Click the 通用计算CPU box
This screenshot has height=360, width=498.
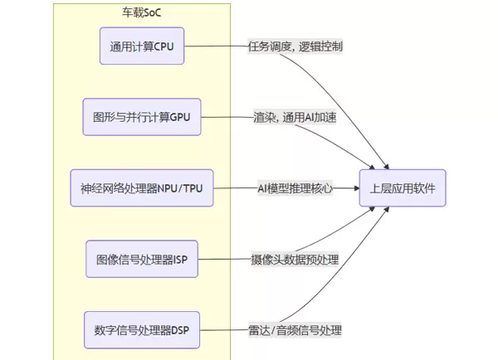pyautogui.click(x=142, y=46)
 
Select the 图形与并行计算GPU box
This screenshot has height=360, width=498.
pyautogui.click(x=142, y=117)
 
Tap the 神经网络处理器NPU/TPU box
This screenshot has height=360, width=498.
pyautogui.click(x=142, y=188)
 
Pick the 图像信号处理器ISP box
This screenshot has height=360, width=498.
pyautogui.click(x=142, y=260)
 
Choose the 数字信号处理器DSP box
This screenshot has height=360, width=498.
pyautogui.click(x=142, y=330)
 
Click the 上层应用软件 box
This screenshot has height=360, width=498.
pyautogui.click(x=403, y=188)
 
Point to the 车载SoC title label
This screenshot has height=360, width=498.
pyautogui.click(x=142, y=13)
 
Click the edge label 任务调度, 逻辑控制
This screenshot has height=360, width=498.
pyautogui.click(x=295, y=46)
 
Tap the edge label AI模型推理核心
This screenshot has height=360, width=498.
pyautogui.click(x=295, y=188)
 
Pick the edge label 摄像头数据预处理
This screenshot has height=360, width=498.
pyautogui.click(x=295, y=260)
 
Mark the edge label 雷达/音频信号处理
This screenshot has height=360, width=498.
pyautogui.click(x=295, y=330)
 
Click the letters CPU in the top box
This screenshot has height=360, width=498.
pyautogui.click(x=164, y=46)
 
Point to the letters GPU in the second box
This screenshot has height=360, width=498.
pyautogui.click(x=179, y=117)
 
